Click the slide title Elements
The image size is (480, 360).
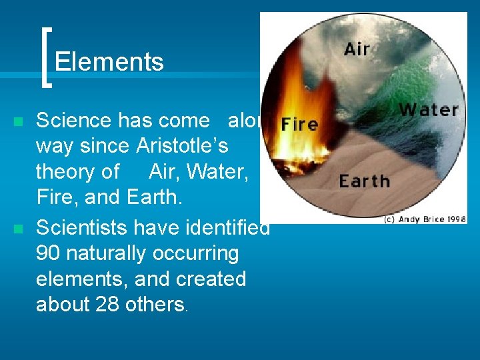(109, 62)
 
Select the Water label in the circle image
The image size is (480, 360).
(428, 109)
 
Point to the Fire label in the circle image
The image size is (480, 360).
(299, 124)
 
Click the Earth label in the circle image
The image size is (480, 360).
(364, 181)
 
